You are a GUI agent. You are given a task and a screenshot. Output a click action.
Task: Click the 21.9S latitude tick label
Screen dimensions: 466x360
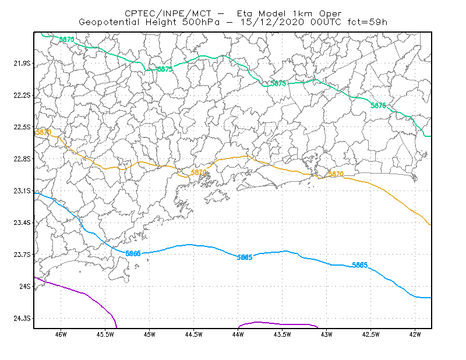coord(22,63)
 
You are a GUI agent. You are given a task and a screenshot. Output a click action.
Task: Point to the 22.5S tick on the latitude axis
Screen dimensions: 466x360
coord(22,127)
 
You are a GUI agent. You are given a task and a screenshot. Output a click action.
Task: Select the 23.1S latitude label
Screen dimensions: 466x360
coord(22,191)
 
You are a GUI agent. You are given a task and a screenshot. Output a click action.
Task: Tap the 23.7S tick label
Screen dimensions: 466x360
coord(22,255)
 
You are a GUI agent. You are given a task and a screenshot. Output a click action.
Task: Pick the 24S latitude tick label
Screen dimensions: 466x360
coord(25,286)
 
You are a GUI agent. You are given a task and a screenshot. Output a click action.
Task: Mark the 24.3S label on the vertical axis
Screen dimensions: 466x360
coord(22,319)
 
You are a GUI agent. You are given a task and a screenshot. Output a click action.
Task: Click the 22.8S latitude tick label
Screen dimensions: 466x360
coord(22,159)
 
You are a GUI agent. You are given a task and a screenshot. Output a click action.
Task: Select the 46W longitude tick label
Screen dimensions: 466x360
coord(61,334)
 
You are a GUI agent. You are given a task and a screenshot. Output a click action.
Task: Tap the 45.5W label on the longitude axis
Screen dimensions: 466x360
coord(105,334)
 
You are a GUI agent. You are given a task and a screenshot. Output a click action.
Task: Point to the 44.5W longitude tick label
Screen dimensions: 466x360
coord(194,334)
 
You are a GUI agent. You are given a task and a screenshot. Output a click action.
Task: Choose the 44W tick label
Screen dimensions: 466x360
coord(238,334)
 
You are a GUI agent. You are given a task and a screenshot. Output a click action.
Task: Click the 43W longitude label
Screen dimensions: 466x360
coord(326,334)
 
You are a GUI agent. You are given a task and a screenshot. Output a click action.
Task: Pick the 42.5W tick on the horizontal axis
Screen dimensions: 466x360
coord(370,334)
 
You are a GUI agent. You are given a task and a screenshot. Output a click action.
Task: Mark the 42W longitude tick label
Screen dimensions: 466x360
coord(415,334)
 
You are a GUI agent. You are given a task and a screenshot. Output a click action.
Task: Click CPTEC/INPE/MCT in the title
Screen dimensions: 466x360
coord(168,13)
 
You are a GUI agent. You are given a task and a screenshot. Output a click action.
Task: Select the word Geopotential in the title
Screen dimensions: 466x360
coord(109,22)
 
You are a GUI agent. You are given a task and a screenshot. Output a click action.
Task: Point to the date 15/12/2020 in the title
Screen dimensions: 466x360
coord(272,22)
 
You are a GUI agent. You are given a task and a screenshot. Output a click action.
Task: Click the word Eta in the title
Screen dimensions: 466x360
coord(244,13)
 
